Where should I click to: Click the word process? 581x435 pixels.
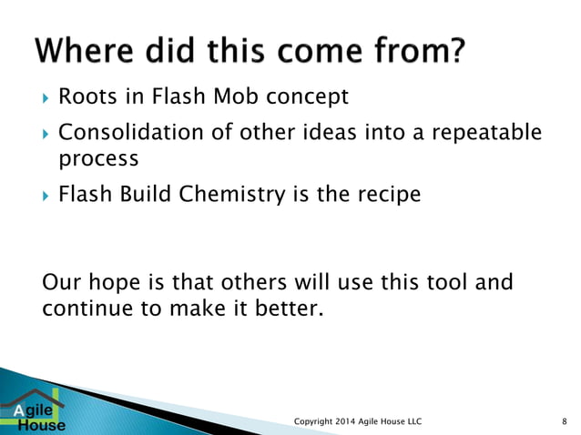pos(98,159)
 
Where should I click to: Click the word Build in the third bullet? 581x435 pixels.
pos(145,194)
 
